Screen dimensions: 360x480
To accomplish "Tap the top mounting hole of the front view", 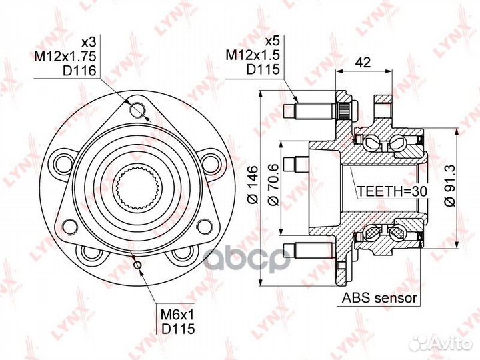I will coord(138,108).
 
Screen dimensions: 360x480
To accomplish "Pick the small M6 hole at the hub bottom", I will coord(137,265).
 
